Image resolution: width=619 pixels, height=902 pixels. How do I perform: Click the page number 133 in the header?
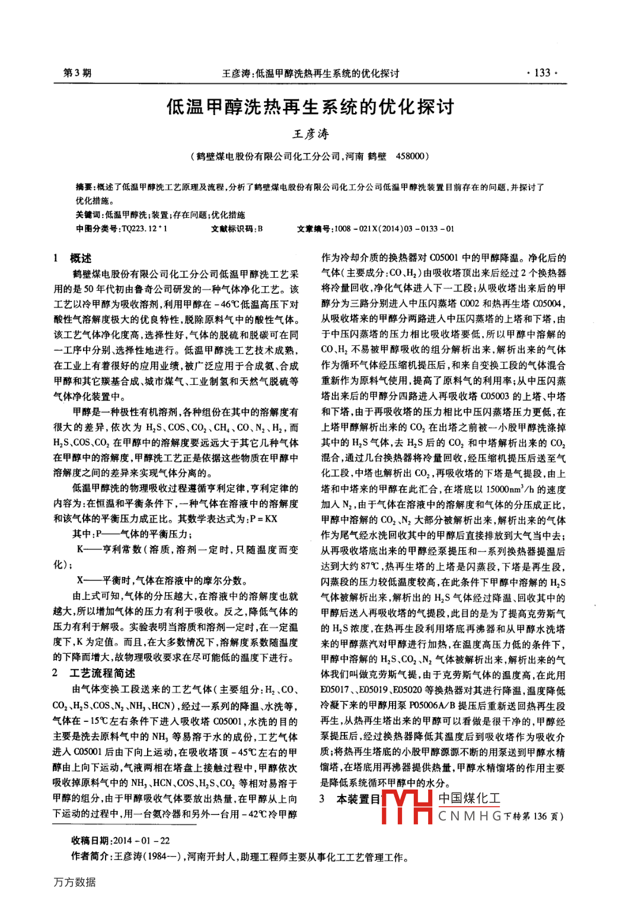[x=542, y=73]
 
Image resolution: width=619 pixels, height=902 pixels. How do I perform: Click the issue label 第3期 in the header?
[x=77, y=73]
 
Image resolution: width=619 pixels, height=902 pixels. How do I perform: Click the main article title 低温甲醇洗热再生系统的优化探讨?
[x=310, y=107]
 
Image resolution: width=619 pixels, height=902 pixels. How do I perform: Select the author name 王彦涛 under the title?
[x=310, y=134]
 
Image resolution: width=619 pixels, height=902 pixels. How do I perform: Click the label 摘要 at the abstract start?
[x=84, y=187]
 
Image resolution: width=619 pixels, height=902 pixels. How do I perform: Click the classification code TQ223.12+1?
[x=144, y=229]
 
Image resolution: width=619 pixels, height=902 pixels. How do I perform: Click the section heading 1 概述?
[x=72, y=258]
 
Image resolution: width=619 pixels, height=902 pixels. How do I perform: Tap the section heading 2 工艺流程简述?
[x=94, y=673]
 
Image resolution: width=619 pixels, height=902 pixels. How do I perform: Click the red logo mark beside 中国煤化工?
[x=407, y=806]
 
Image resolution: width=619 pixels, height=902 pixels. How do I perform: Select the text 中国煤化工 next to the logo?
[x=469, y=798]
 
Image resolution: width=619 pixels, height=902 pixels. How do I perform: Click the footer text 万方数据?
[x=75, y=882]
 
